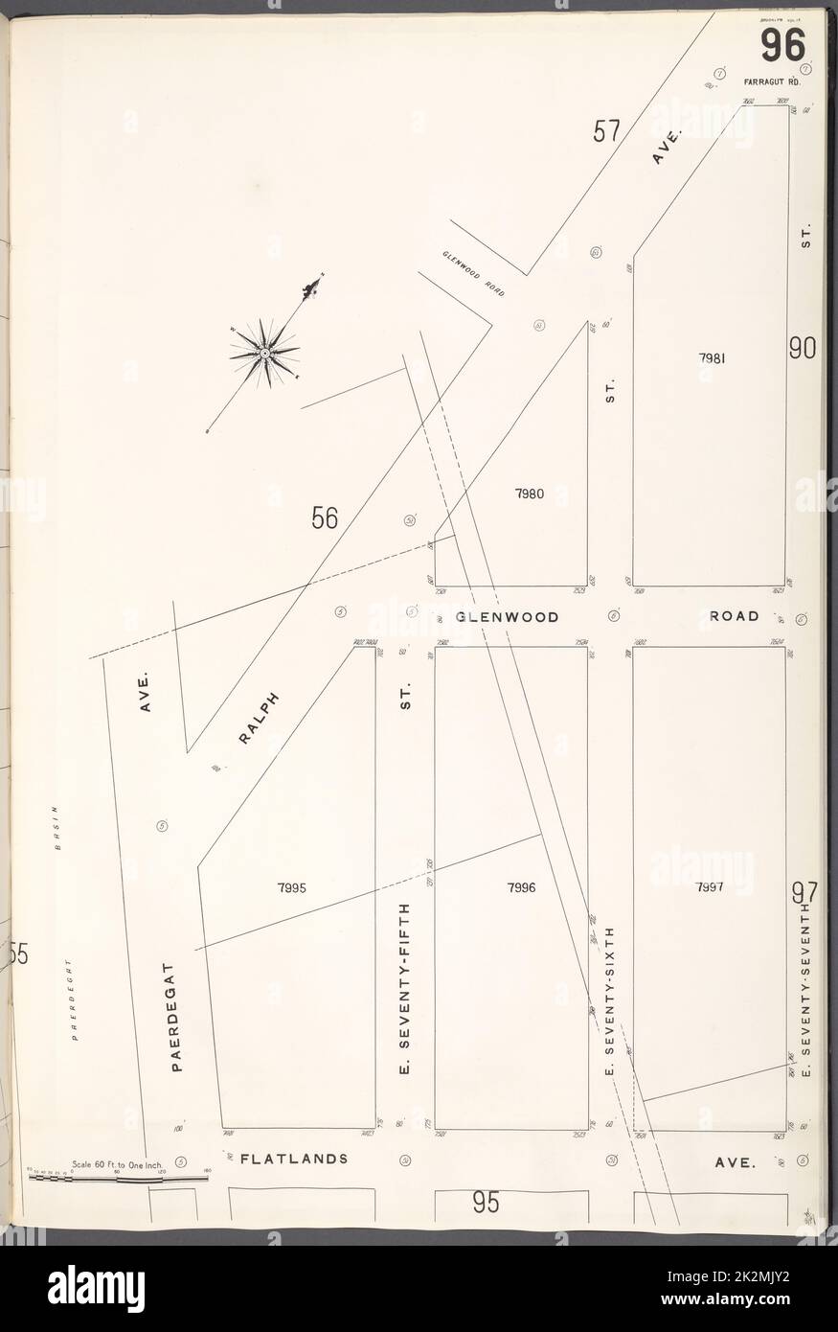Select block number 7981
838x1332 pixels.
click(711, 358)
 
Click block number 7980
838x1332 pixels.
click(529, 494)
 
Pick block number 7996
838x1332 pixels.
click(521, 887)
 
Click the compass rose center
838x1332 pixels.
click(264, 354)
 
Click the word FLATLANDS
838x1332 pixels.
click(293, 1158)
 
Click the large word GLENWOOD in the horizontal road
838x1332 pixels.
click(508, 617)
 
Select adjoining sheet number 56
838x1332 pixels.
click(324, 518)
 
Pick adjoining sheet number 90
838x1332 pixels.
click(802, 349)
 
